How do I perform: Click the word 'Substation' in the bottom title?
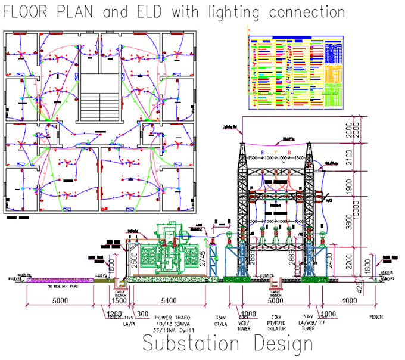[x=189, y=345]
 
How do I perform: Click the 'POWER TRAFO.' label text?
[x=170, y=317]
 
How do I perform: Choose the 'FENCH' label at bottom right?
[x=375, y=317]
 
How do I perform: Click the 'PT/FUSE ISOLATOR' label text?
[x=276, y=321]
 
